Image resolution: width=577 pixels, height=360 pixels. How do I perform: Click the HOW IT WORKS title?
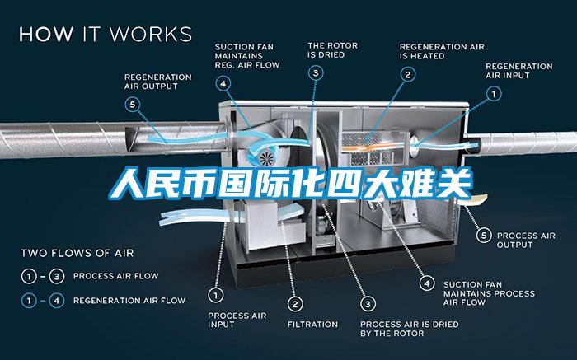pyautogui.click(x=106, y=34)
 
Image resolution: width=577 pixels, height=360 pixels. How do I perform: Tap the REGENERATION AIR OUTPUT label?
pyautogui.click(x=158, y=82)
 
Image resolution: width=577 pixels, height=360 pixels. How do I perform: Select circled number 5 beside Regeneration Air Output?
pyautogui.click(x=133, y=105)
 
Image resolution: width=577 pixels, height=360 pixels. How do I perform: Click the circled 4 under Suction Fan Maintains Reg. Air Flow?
pyautogui.click(x=223, y=83)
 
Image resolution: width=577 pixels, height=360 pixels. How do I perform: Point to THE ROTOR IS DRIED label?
pyautogui.click(x=333, y=50)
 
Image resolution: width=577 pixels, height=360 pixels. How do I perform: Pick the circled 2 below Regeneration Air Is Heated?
pyautogui.click(x=408, y=75)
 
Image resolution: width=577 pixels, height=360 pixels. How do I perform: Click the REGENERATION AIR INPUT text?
pyautogui.click(x=518, y=71)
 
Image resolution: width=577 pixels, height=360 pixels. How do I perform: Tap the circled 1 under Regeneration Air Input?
pyautogui.click(x=494, y=94)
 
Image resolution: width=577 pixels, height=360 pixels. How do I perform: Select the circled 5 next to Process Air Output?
pyautogui.click(x=484, y=236)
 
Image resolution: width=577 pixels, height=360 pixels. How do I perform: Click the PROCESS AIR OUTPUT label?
pyautogui.click(x=526, y=240)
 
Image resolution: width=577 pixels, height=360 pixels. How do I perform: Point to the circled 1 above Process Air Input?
pyautogui.click(x=216, y=295)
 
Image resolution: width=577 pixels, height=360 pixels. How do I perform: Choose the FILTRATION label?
pyautogui.click(x=312, y=325)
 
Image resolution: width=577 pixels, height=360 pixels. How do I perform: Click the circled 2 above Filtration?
pyautogui.click(x=295, y=304)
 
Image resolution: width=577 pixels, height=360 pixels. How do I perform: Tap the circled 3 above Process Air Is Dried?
pyautogui.click(x=368, y=304)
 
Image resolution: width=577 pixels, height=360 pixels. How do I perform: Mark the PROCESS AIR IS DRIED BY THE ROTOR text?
pyautogui.click(x=409, y=329)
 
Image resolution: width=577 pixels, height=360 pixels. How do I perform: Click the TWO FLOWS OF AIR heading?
pyautogui.click(x=77, y=253)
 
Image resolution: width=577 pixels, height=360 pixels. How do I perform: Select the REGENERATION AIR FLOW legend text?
pyautogui.click(x=129, y=301)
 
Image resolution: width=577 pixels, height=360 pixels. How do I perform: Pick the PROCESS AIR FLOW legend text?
pyautogui.click(x=116, y=276)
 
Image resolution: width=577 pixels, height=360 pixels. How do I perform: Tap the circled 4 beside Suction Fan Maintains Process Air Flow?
pyautogui.click(x=427, y=283)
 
